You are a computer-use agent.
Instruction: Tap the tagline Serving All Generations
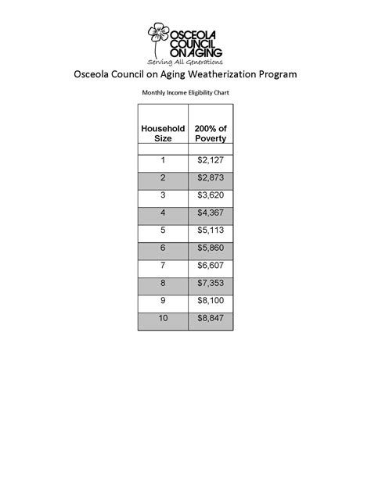[185, 61]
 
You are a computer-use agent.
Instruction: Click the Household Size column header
[162, 133]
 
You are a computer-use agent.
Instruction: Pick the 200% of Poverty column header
[210, 133]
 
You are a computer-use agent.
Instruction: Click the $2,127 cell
[210, 160]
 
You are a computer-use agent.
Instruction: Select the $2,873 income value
[210, 178]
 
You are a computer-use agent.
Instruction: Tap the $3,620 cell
[210, 195]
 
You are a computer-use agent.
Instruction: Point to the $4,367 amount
[210, 213]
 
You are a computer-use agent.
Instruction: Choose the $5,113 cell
[210, 231]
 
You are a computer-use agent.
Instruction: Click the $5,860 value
[210, 248]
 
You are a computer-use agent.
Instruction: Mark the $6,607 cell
[210, 266]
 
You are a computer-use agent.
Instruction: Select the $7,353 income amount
[210, 284]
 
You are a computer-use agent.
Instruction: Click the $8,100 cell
[210, 302]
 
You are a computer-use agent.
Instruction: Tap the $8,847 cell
[210, 320]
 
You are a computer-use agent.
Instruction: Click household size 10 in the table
[163, 320]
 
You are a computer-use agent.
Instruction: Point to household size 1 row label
[163, 160]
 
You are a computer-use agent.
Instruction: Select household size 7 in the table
[163, 266]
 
